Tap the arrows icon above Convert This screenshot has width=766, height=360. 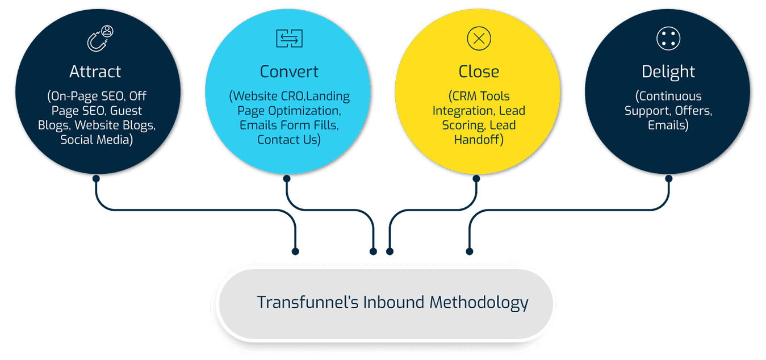click(289, 39)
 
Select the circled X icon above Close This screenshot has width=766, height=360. click(479, 39)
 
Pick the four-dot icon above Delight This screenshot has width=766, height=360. click(668, 39)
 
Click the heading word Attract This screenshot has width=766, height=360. click(95, 72)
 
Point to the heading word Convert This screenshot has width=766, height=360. click(289, 72)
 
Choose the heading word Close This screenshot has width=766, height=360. click(479, 72)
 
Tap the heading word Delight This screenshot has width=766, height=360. click(668, 72)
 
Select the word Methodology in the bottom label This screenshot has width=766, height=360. click(479, 302)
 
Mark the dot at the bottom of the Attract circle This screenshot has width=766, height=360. click(96, 178)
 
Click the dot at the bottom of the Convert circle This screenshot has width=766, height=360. click(287, 178)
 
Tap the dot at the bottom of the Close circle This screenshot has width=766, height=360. click(476, 178)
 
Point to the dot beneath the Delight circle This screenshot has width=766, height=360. click(669, 178)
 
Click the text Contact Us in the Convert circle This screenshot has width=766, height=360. click(289, 140)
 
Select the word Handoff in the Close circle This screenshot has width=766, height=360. click(478, 140)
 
